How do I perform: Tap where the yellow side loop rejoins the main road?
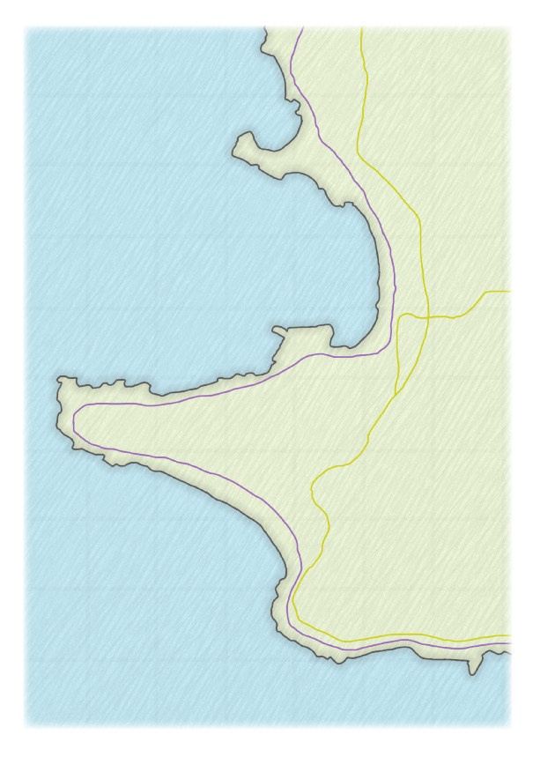coord(397,392)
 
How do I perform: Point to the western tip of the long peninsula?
coord(59,381)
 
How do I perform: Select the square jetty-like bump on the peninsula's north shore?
coord(304,332)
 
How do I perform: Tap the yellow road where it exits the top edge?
coord(361,28)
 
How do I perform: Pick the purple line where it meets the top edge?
coord(302,28)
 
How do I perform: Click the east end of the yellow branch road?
coord(509,291)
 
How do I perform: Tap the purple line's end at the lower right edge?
coord(509,646)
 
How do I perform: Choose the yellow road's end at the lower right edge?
coord(509,635)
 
